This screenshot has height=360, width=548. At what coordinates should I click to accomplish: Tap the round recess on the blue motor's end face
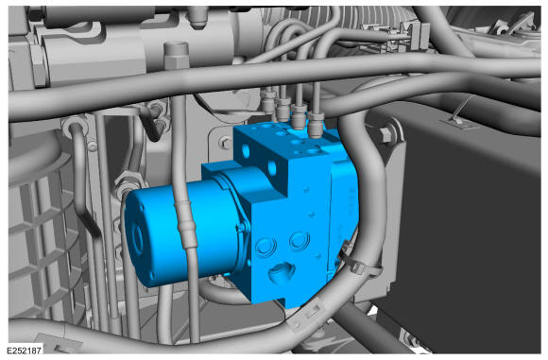point(137,238)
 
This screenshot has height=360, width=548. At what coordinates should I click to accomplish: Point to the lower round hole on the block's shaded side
point(272,168)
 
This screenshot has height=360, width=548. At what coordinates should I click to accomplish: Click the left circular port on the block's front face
point(265,246)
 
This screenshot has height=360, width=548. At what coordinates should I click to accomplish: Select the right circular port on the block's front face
point(300,241)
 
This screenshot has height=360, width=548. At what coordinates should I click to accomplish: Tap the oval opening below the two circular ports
point(282,272)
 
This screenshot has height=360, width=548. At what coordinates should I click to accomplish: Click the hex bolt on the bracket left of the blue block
point(225,143)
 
